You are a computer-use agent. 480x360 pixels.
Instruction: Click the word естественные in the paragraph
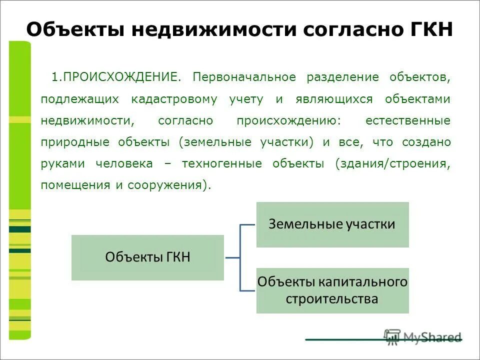[x=408, y=120]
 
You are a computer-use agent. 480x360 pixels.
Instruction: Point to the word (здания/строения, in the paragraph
[x=393, y=163]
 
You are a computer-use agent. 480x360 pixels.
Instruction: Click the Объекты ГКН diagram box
[x=147, y=257]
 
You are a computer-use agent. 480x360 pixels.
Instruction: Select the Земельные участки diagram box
[x=332, y=224]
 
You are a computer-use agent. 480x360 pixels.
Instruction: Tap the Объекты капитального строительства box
[x=332, y=290]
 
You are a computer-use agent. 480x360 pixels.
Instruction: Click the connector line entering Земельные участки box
[x=248, y=225]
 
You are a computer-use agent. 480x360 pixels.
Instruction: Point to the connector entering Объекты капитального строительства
[x=248, y=290]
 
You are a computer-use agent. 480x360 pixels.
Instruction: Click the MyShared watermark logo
[x=422, y=336]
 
